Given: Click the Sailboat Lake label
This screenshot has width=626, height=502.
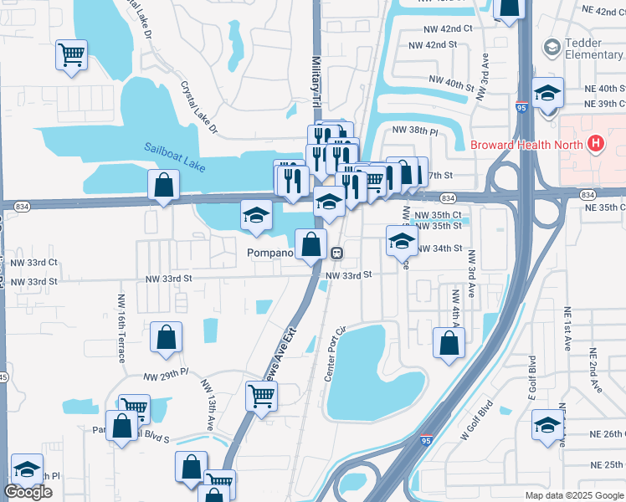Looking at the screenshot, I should (x=174, y=155).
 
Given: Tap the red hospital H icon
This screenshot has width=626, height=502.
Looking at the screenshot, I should (x=595, y=144).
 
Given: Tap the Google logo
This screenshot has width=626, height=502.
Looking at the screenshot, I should (x=28, y=492).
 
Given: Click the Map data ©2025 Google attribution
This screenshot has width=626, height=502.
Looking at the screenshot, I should (x=573, y=495).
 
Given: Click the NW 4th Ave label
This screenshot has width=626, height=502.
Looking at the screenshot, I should (x=455, y=312).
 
